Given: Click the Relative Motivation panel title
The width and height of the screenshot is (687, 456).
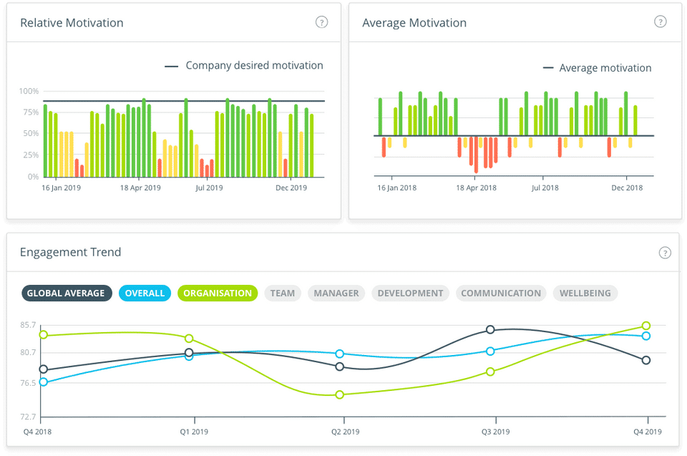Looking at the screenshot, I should [x=72, y=23].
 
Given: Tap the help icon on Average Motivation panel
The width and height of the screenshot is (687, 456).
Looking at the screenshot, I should [x=660, y=21].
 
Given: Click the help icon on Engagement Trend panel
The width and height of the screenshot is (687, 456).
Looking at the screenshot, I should [x=665, y=252].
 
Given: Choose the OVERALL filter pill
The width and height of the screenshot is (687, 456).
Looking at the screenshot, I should [x=145, y=293].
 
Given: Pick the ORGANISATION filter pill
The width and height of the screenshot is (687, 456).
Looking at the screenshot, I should [x=218, y=293].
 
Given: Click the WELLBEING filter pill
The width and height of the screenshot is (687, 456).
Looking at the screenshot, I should [x=585, y=293].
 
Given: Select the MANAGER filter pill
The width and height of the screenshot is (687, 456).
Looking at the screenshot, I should [x=336, y=293].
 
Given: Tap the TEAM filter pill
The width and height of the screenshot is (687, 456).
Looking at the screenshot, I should [x=283, y=293].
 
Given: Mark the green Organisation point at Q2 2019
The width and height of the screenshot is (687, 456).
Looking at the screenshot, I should [x=340, y=394].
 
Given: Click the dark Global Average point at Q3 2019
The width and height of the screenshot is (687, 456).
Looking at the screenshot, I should [x=490, y=329].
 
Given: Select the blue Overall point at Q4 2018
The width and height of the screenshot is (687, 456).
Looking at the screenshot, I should [x=44, y=382].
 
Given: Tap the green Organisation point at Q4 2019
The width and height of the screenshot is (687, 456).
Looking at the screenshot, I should [x=646, y=326].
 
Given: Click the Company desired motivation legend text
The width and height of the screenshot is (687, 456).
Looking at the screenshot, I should [x=254, y=65].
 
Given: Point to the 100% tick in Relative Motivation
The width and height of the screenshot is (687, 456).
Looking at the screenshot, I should [x=29, y=92].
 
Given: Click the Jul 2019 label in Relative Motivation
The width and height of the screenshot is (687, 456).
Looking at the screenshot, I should [x=210, y=188].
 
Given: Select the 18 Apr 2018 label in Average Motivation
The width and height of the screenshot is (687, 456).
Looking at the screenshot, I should [x=477, y=188].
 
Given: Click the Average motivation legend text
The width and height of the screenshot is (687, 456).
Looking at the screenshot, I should [x=605, y=68].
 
